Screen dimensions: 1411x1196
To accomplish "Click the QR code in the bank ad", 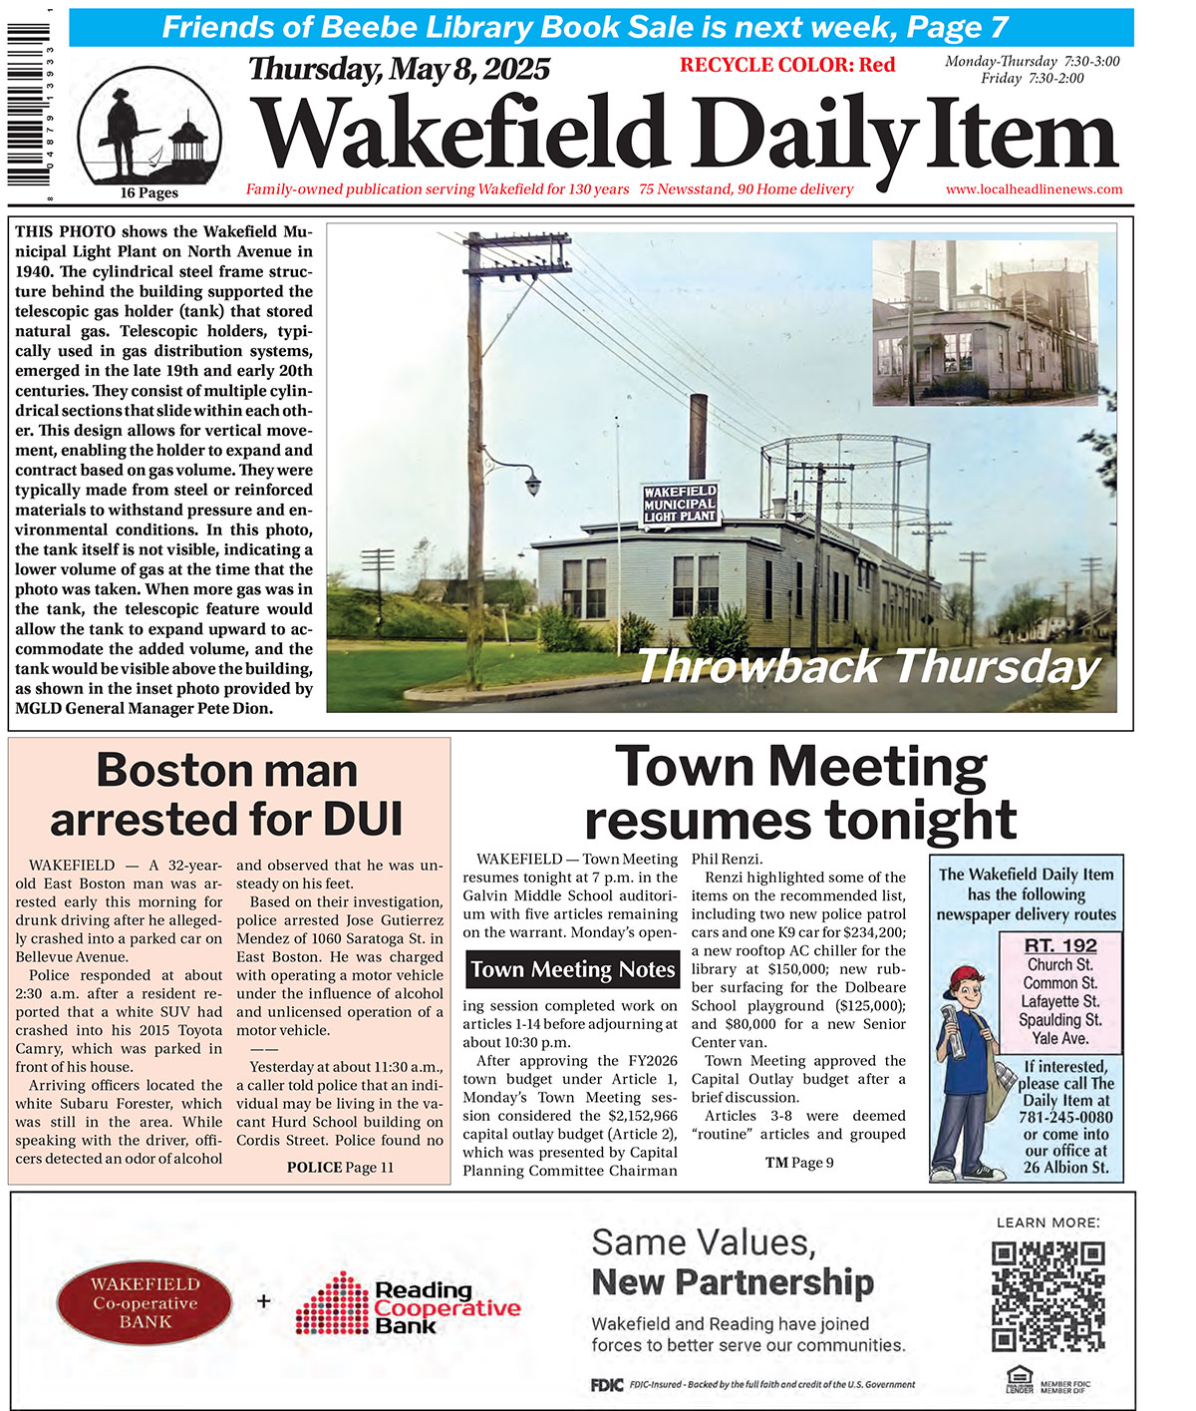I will click(x=1047, y=1295).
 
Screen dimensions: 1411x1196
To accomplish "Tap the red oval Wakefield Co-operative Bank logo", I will click(x=146, y=1303).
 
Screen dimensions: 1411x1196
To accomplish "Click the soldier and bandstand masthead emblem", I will click(x=149, y=126).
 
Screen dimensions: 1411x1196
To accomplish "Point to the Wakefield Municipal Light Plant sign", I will click(x=680, y=505).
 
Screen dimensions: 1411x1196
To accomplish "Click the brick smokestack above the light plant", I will click(x=698, y=437).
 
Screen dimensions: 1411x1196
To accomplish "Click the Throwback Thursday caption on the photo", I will click(x=867, y=666).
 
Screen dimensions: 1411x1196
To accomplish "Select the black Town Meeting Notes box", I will click(x=573, y=969).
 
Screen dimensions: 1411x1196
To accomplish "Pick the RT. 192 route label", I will click(x=1060, y=945).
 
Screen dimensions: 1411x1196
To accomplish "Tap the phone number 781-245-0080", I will click(x=1065, y=1117).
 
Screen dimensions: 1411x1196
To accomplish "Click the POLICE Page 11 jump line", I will click(x=340, y=1167).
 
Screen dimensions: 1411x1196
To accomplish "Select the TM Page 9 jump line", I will click(x=799, y=1162).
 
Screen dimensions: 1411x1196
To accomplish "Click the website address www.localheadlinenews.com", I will click(x=1034, y=188).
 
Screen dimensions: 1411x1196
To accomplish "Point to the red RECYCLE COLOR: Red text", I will click(x=787, y=65).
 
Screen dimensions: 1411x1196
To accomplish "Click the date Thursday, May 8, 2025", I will click(x=399, y=69).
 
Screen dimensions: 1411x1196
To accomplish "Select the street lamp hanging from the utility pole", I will click(x=532, y=485).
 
